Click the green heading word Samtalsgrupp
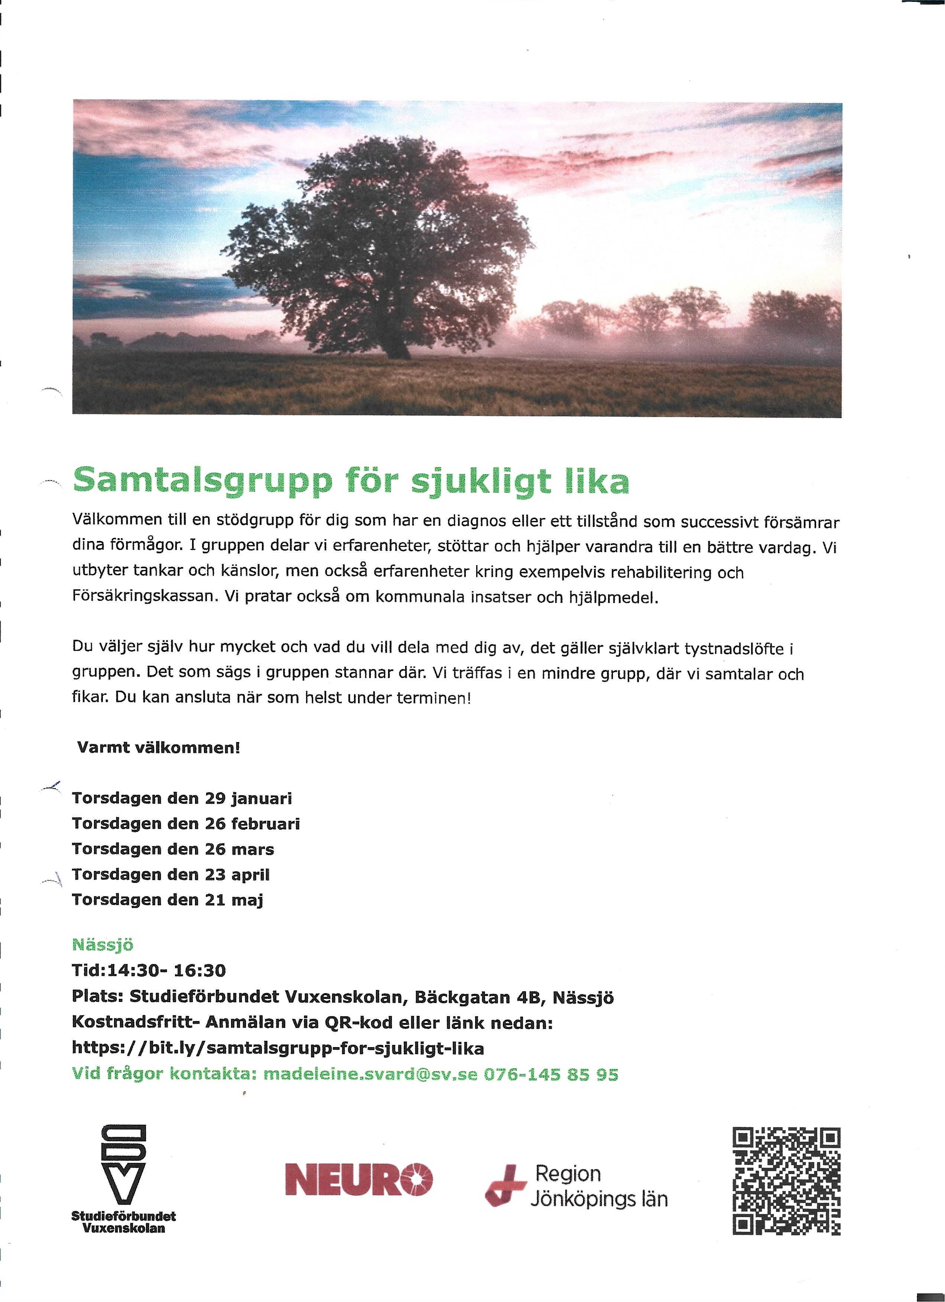click(202, 481)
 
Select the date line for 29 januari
click(182, 799)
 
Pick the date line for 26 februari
click(186, 824)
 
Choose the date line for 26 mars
click(173, 849)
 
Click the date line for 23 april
click(171, 874)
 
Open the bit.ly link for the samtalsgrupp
click(278, 1048)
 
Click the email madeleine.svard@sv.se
click(370, 1074)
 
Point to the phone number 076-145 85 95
click(551, 1074)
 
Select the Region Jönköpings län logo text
click(597, 1186)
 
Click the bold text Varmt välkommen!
click(158, 748)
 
